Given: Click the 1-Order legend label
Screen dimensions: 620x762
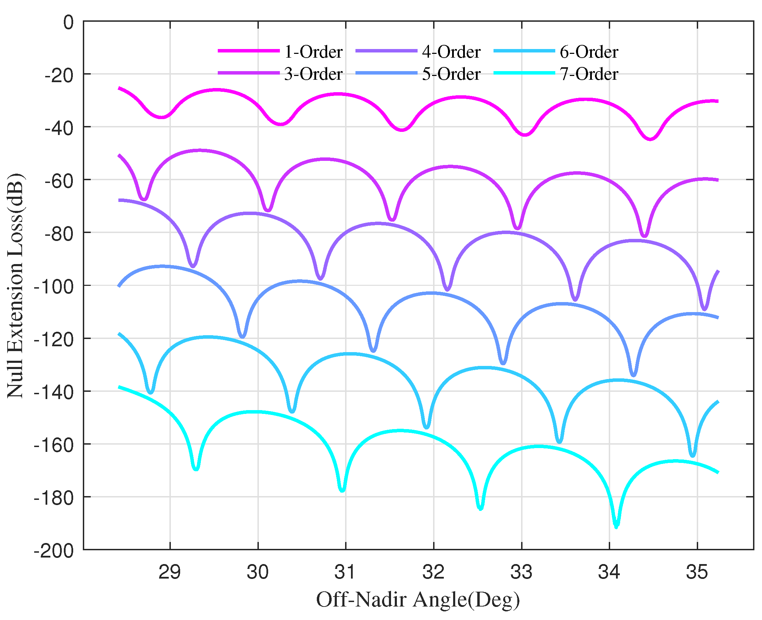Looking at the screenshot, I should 313,52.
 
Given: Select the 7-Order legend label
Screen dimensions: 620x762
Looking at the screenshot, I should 589,74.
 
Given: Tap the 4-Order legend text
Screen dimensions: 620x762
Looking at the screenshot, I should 451,52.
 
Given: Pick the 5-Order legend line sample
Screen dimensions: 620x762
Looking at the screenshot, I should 387,73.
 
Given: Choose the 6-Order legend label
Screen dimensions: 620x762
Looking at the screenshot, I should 589,52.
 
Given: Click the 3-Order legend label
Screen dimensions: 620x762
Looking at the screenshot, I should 313,74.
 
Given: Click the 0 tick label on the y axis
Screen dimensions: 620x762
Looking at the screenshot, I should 68,22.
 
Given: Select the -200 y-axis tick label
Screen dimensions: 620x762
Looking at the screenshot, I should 53,551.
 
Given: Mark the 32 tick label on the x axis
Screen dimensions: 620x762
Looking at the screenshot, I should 433,572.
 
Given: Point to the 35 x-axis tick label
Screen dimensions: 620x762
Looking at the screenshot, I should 697,572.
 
